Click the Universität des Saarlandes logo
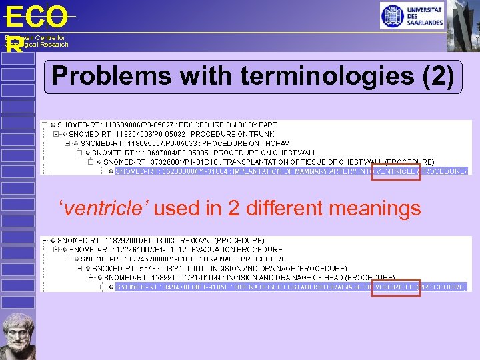[x=411, y=15]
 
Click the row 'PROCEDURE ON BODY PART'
[x=167, y=125]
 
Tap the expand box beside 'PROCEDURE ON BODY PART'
[x=44, y=125]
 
